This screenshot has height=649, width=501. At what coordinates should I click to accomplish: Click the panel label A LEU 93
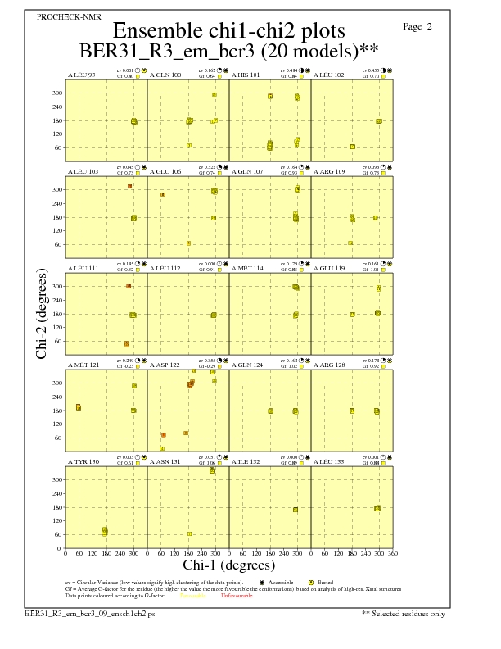click(81, 75)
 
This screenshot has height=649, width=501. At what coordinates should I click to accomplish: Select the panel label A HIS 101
click(246, 75)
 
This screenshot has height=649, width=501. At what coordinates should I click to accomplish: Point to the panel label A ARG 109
click(329, 172)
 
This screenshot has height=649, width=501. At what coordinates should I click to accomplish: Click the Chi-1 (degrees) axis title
click(228, 565)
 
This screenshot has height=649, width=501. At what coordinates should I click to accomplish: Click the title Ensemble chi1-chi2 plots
click(228, 30)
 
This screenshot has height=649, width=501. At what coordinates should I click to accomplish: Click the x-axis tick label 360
click(393, 553)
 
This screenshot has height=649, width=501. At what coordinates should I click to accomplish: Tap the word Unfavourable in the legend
click(237, 596)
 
